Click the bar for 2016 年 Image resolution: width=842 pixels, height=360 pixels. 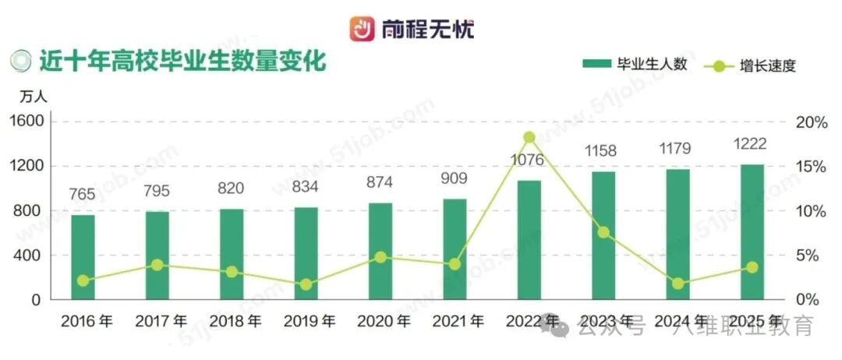click(83, 256)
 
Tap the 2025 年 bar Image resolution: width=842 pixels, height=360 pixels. click(752, 231)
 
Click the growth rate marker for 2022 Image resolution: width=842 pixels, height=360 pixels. click(529, 137)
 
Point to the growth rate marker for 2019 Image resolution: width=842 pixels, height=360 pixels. click(306, 284)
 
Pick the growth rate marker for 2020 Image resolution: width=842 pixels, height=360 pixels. click(380, 256)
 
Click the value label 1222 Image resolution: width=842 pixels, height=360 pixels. click(752, 144)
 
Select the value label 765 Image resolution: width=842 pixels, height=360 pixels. click(83, 195)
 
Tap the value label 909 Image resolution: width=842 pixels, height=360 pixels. click(455, 179)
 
